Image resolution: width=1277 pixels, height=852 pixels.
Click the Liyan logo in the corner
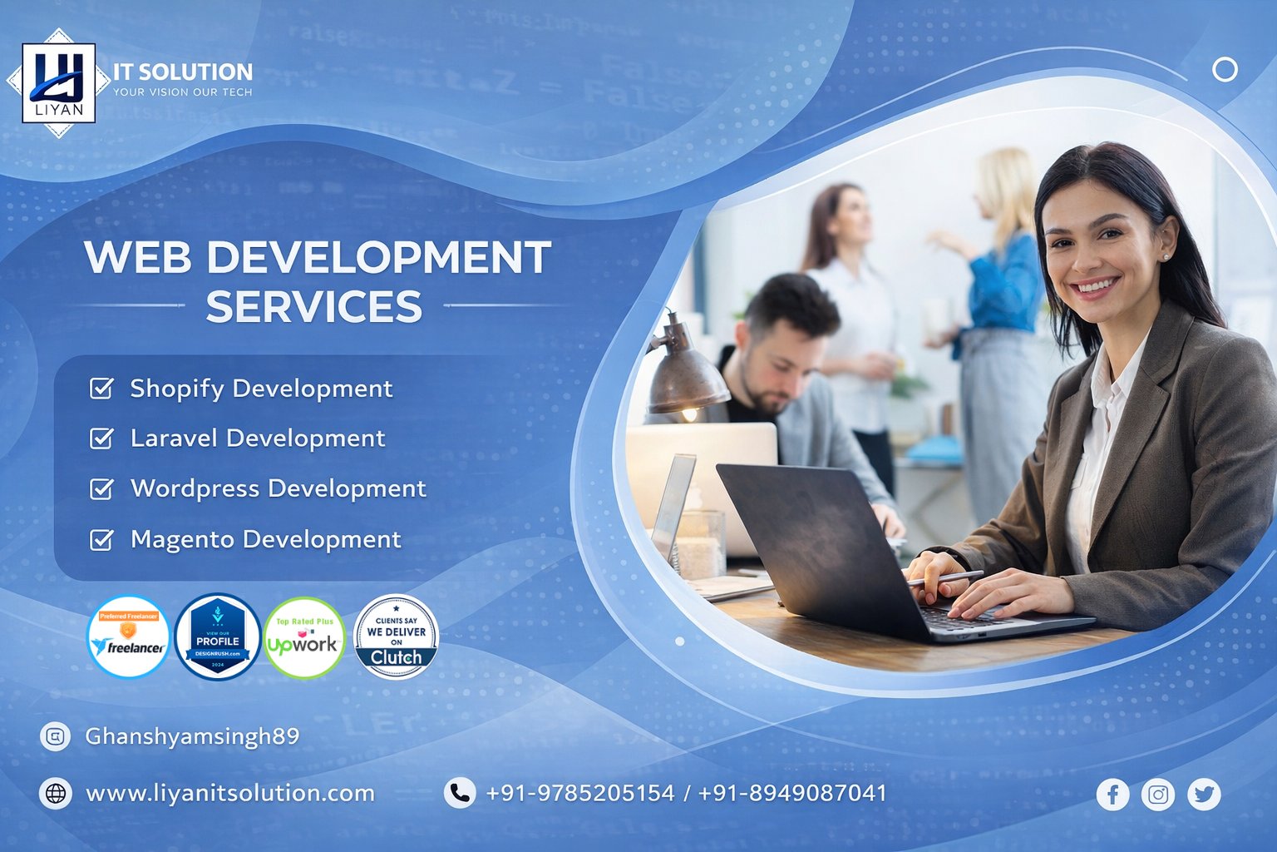pyautogui.click(x=58, y=83)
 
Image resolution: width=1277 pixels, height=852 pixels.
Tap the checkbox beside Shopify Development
pyautogui.click(x=101, y=389)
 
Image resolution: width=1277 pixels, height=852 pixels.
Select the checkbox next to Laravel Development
pyautogui.click(x=101, y=438)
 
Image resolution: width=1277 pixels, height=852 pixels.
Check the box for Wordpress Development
pyautogui.click(x=101, y=489)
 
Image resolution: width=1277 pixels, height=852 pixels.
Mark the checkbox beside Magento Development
pyautogui.click(x=101, y=540)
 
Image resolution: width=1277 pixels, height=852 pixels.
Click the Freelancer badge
pyautogui.click(x=128, y=637)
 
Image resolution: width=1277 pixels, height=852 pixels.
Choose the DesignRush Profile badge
pyautogui.click(x=218, y=637)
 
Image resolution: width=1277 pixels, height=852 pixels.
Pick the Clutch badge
pyautogui.click(x=396, y=637)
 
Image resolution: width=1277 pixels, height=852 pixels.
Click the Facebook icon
pyautogui.click(x=1112, y=795)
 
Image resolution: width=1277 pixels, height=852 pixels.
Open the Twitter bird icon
pyautogui.click(x=1204, y=795)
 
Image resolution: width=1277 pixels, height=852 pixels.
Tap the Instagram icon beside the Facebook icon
pyautogui.click(x=1158, y=795)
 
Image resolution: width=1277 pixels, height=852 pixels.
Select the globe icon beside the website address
pyautogui.click(x=56, y=793)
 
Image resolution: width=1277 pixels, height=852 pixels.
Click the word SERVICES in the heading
pyautogui.click(x=313, y=307)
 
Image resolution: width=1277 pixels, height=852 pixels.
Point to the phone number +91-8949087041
pyautogui.click(x=792, y=793)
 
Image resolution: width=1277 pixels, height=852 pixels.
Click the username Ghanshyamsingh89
pyautogui.click(x=192, y=736)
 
